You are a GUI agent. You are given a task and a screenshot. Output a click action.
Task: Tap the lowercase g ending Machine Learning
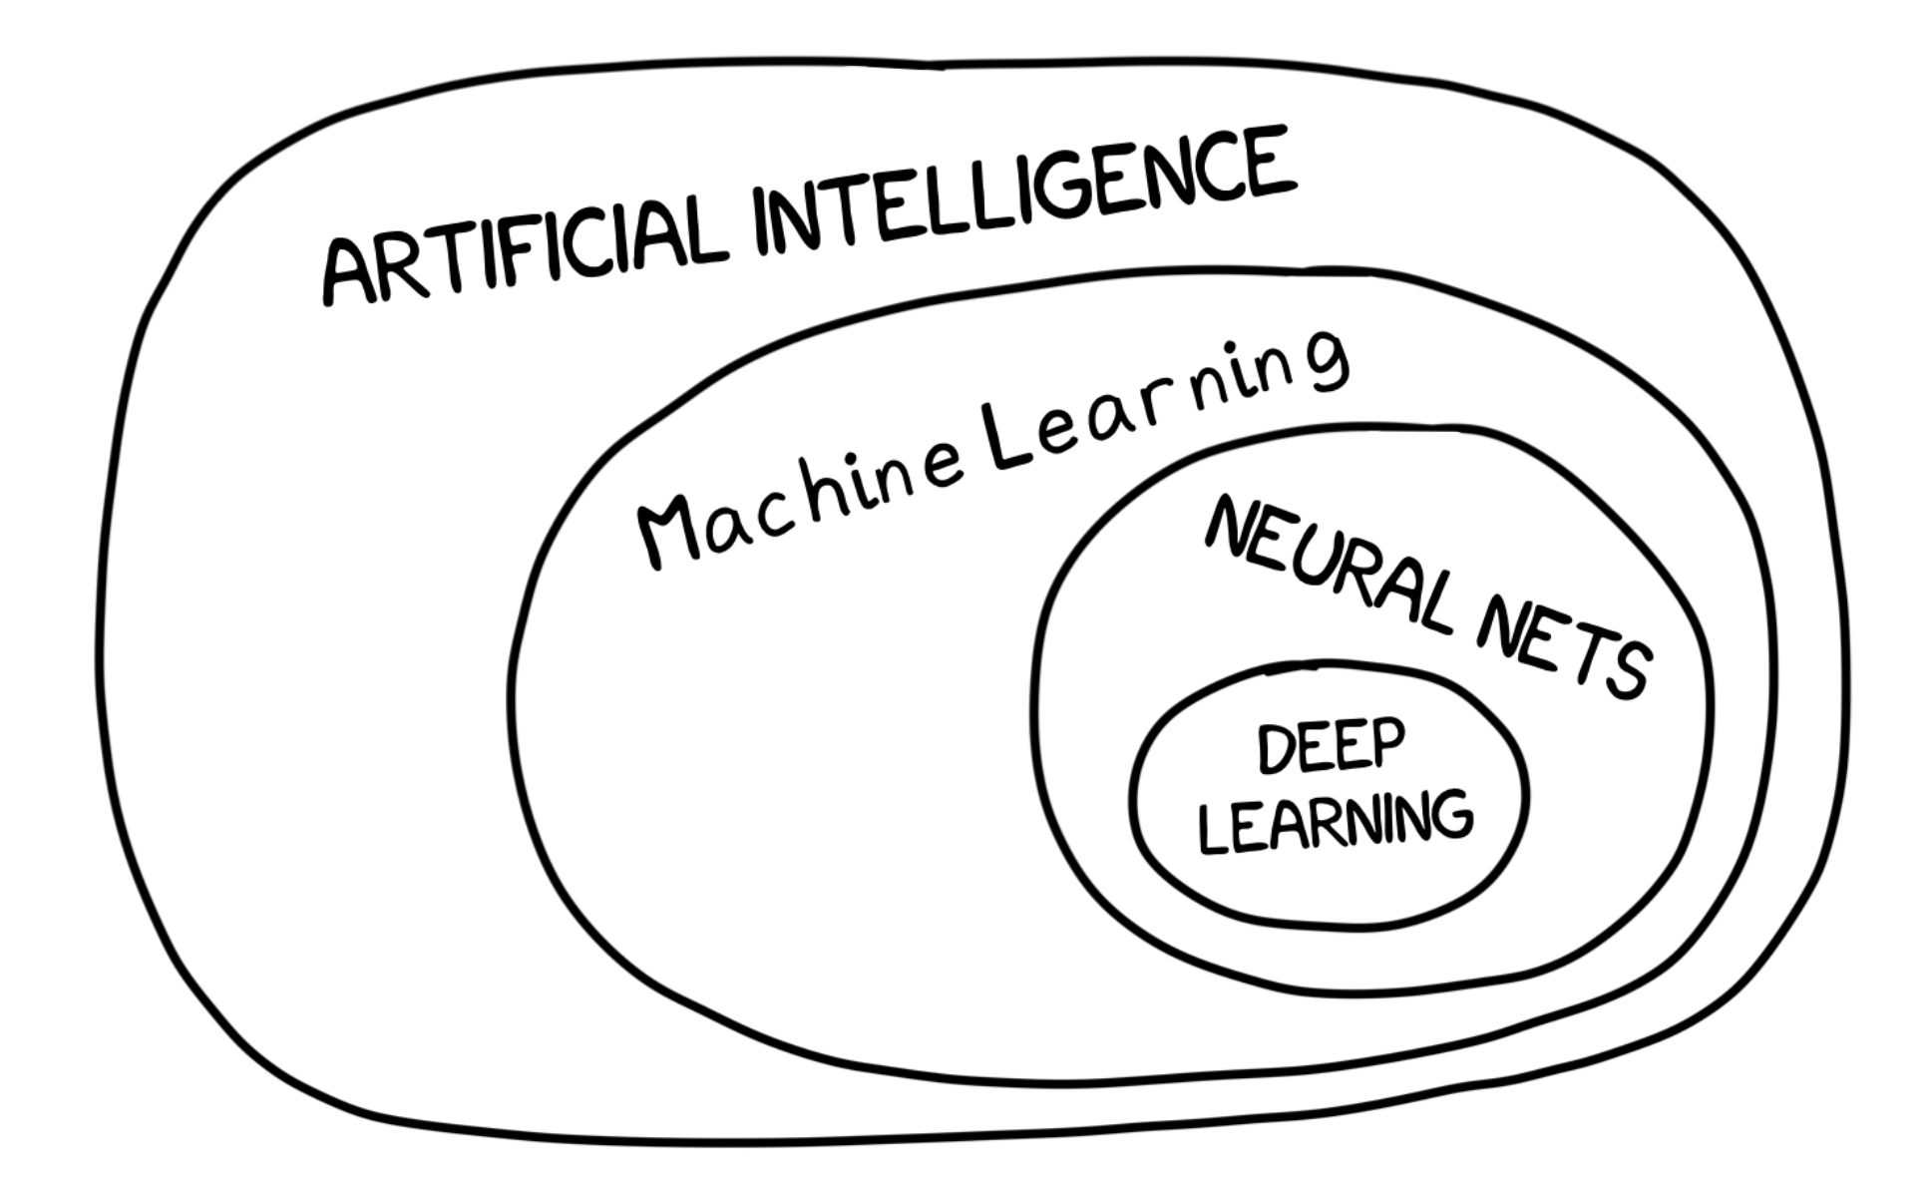point(1327,363)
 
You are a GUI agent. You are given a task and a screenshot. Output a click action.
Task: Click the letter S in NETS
point(1627,669)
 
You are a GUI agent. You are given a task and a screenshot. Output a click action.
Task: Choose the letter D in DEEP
point(1276,751)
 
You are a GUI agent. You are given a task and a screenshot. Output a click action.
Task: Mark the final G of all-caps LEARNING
point(1451,815)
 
